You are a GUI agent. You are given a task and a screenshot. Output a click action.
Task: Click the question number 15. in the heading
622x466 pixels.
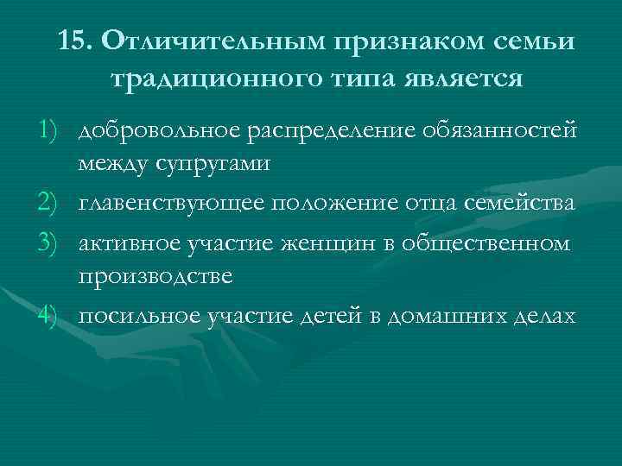point(77,41)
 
